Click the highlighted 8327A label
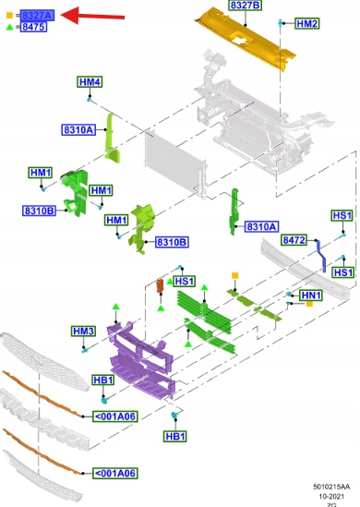(x=37, y=15)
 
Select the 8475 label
(x=33, y=27)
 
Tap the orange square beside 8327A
(x=10, y=15)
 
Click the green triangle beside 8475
(x=10, y=27)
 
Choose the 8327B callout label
(x=246, y=6)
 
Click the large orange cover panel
(x=246, y=39)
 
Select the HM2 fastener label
(x=307, y=24)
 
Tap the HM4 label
(x=90, y=82)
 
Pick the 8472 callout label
(x=294, y=240)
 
